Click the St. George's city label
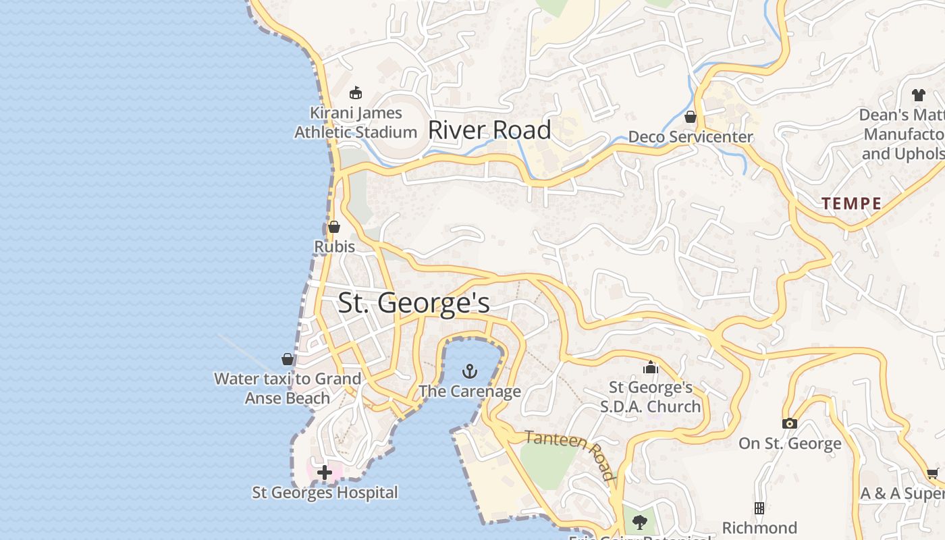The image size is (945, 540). (x=414, y=302)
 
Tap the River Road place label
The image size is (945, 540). (x=489, y=130)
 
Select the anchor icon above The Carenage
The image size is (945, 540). (x=469, y=371)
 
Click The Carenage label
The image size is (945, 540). (x=470, y=391)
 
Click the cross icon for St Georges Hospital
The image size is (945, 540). (x=325, y=473)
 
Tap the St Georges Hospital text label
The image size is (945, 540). (x=325, y=493)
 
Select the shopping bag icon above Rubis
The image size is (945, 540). (x=333, y=227)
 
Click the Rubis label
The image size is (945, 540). (x=334, y=247)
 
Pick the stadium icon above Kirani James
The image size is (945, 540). (x=356, y=93)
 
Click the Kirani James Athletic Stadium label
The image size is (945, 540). (x=356, y=122)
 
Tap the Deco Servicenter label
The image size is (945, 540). (x=690, y=137)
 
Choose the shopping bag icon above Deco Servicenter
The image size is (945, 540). (x=690, y=117)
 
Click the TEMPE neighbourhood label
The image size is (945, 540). (x=851, y=203)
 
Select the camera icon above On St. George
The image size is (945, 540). (x=790, y=424)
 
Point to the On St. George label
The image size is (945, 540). (x=790, y=443)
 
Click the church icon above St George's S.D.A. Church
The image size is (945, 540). (x=651, y=367)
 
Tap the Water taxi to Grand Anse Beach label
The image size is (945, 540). (x=288, y=388)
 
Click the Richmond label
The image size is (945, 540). (x=759, y=527)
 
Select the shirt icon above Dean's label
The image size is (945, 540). (x=918, y=95)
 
